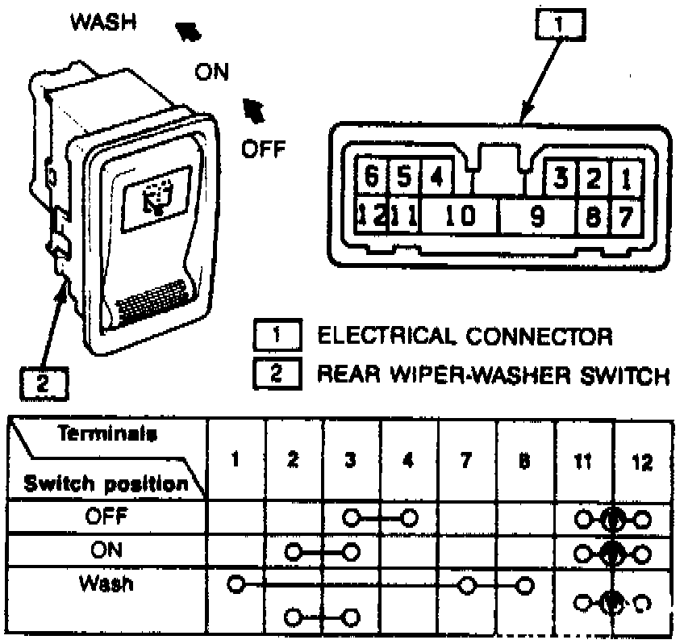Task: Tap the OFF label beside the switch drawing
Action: tap(263, 149)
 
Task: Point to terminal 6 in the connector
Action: tap(372, 177)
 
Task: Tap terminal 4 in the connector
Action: tap(436, 177)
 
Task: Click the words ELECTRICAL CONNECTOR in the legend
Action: tap(465, 336)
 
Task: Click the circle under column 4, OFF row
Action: tap(410, 516)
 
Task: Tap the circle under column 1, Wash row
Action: tap(236, 583)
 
